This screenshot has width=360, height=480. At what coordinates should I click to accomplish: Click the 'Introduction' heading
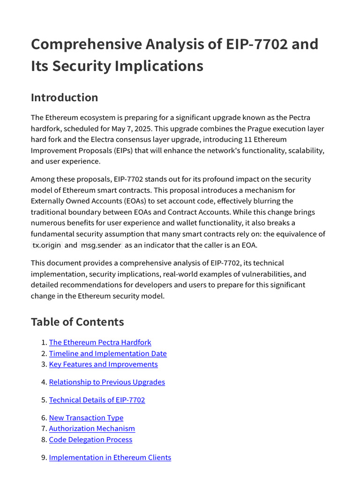[64, 97]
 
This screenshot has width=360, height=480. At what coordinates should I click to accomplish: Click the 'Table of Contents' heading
[77, 322]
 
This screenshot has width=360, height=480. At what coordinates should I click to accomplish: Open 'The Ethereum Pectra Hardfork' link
[100, 343]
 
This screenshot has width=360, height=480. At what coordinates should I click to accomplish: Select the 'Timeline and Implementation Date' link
[108, 353]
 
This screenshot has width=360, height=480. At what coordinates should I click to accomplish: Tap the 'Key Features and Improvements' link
[103, 364]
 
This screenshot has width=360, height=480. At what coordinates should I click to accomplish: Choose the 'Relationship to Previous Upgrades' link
[107, 382]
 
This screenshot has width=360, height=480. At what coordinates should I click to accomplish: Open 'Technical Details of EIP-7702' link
[97, 400]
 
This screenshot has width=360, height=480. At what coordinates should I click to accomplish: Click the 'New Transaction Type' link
[86, 418]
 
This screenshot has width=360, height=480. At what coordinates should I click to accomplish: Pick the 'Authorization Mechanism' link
[92, 428]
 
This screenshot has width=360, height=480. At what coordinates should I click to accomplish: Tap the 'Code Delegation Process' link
[90, 440]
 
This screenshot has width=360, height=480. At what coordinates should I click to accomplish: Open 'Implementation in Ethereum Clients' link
[110, 457]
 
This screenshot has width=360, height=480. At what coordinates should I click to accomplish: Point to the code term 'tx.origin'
[46, 245]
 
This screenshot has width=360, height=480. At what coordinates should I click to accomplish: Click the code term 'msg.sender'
[101, 245]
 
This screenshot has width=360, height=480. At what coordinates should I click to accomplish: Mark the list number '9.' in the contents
[44, 457]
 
